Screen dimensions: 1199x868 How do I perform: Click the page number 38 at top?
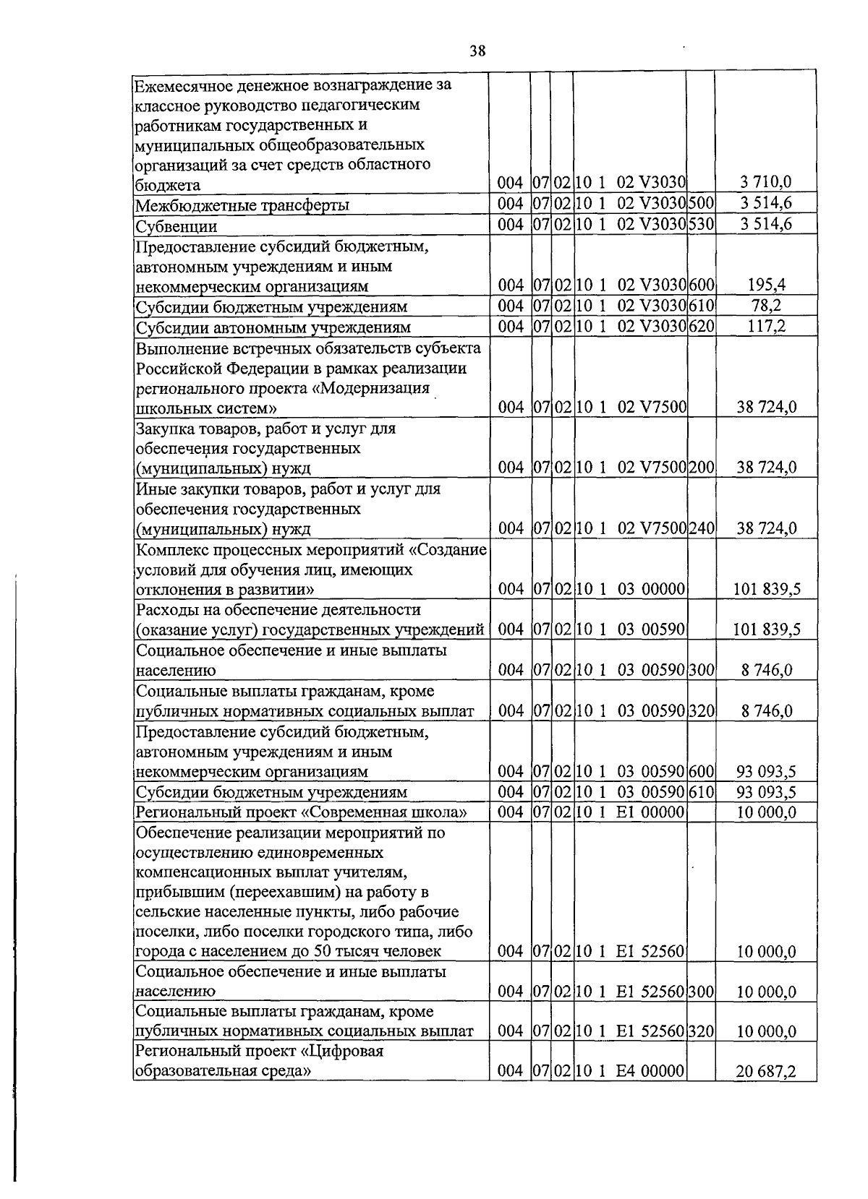477,51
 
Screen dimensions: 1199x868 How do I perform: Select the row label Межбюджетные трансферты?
243,205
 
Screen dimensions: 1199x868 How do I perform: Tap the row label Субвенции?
177,226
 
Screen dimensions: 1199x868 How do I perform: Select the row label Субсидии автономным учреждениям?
273,327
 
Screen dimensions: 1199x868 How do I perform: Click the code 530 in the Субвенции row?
701,224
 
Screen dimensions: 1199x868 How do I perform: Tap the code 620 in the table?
701,326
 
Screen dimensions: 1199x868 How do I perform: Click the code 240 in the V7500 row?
701,528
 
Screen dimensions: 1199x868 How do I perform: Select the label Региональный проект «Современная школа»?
301,812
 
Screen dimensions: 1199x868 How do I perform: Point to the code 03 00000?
650,589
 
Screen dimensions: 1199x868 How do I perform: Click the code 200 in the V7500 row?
701,468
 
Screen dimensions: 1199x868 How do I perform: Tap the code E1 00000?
650,812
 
